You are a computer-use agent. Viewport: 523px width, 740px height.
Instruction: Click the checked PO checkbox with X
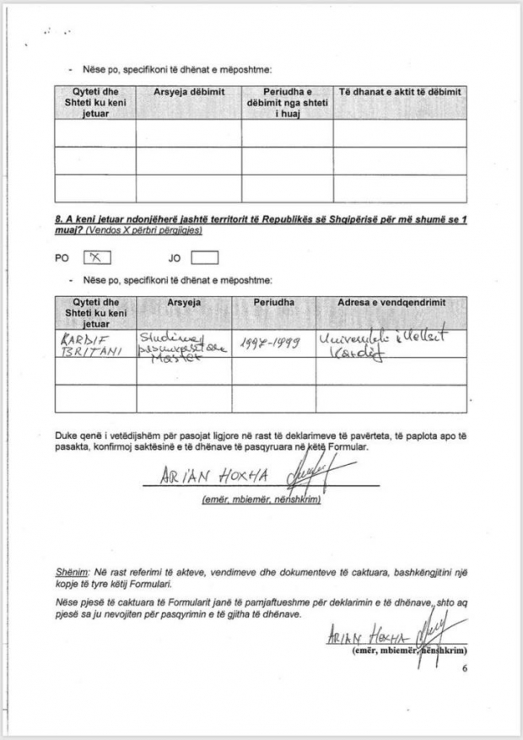(x=97, y=258)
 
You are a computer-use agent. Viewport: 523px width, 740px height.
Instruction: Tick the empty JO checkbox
(x=204, y=258)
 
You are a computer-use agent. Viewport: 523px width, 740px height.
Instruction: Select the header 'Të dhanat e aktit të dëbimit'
(x=399, y=91)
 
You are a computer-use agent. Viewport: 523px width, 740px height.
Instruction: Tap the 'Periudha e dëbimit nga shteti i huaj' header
(x=287, y=102)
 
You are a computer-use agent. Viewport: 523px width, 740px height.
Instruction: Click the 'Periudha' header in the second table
(x=273, y=302)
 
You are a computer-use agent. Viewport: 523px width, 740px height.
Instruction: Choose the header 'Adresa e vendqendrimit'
(x=391, y=302)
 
